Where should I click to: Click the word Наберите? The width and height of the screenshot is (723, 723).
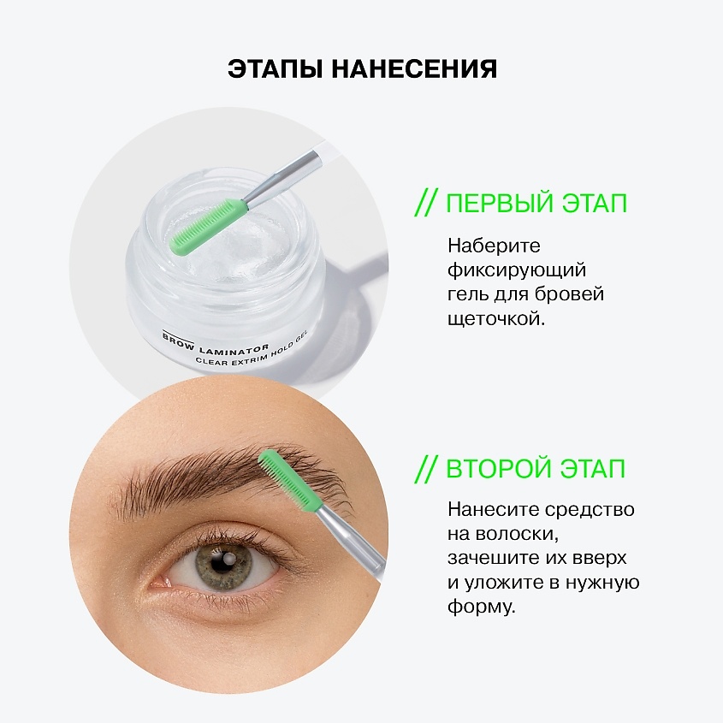pyautogui.click(x=494, y=246)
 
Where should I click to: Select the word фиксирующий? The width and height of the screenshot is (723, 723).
pyautogui.click(x=516, y=270)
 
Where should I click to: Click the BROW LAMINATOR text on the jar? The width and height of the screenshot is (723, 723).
pyautogui.click(x=216, y=342)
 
